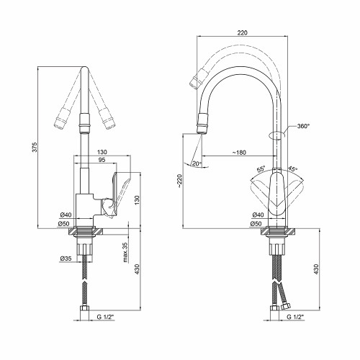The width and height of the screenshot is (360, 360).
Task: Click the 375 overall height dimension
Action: [x=35, y=147]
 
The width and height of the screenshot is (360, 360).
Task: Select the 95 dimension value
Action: [x=102, y=160]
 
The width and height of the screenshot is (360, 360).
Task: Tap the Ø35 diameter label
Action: [x=66, y=258]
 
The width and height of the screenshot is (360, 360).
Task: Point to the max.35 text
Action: [x=125, y=252]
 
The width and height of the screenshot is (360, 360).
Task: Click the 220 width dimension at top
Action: [x=242, y=32]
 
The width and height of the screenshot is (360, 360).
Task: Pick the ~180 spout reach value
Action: [x=239, y=153]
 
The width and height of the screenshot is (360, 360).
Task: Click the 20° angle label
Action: [x=197, y=164]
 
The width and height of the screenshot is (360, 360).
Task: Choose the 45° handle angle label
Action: [x=292, y=168]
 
